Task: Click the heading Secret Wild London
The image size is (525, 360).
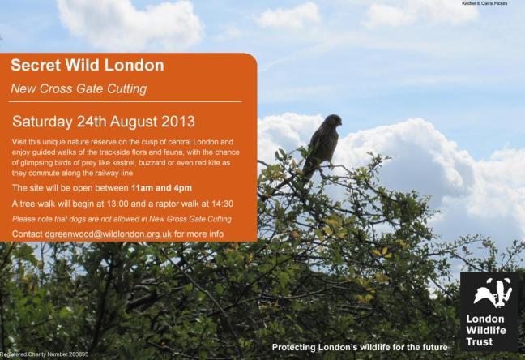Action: pos(87,66)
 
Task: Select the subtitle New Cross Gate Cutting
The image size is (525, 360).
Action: pos(79,88)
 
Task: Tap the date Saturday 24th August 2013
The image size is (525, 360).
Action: pos(104,122)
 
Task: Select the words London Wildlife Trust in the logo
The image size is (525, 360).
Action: pos(484,330)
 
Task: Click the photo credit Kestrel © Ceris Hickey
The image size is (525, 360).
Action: pos(489,4)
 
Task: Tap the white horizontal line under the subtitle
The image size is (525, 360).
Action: pos(126,102)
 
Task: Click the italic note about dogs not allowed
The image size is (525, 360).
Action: pos(122,219)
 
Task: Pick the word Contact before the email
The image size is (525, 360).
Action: pos(28,234)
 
